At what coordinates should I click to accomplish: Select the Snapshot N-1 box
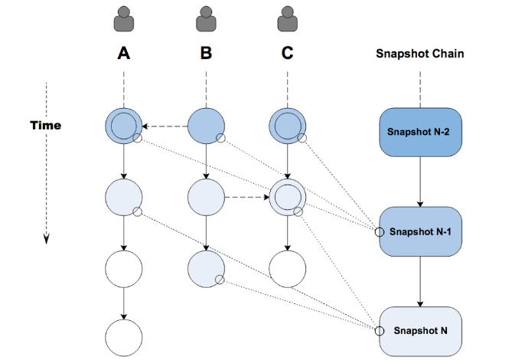tap(419, 231)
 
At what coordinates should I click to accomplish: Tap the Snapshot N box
tap(419, 330)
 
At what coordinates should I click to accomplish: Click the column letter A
tap(122, 54)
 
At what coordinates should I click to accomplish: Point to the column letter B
tap(205, 54)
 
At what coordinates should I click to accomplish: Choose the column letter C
tap(287, 54)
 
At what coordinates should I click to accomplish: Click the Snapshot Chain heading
tap(419, 54)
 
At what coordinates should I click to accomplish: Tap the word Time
tap(46, 125)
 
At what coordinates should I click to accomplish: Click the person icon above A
tap(122, 18)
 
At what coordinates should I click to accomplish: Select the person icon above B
tap(205, 18)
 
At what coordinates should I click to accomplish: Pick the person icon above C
tap(287, 18)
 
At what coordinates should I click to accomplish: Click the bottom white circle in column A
tap(122, 338)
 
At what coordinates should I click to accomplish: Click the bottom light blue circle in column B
tap(205, 268)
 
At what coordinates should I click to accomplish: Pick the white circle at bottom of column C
tap(287, 268)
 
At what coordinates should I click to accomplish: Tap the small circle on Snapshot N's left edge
tap(377, 331)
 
